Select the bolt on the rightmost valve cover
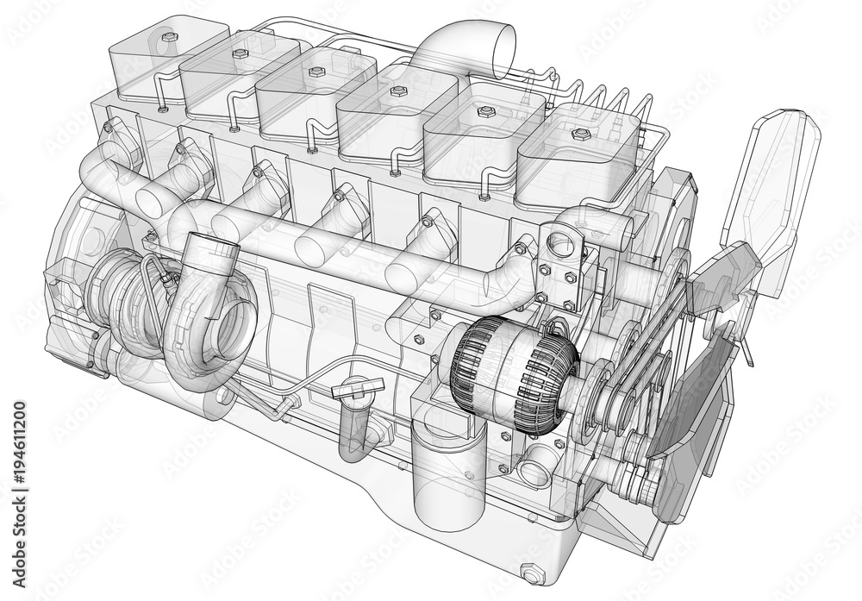581,135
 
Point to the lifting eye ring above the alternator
560,245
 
